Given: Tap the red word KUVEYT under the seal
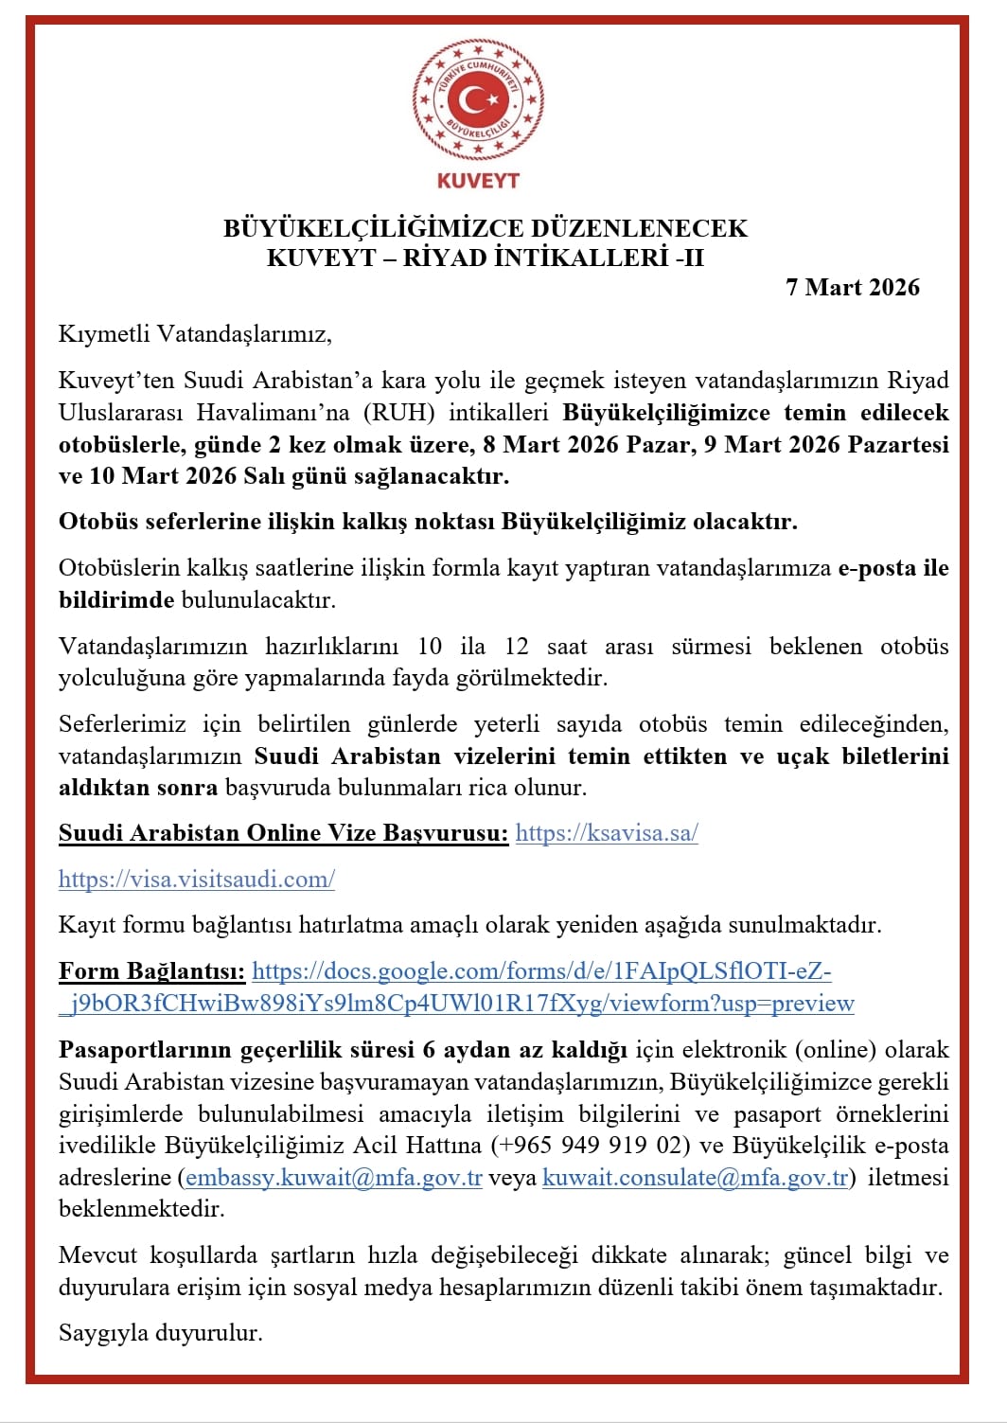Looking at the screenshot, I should (x=478, y=180).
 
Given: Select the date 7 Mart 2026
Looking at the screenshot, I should (x=852, y=288).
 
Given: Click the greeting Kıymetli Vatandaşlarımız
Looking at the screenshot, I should (x=195, y=334).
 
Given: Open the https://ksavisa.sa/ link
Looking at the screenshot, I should (x=607, y=833).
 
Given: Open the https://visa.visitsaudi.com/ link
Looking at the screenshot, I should (x=197, y=880).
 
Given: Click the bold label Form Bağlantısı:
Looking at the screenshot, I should (x=151, y=971).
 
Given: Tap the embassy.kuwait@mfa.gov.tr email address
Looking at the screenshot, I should (x=334, y=1178).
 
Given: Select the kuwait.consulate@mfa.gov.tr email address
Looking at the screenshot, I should (x=695, y=1178).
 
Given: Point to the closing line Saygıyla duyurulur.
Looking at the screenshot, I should (x=160, y=1333).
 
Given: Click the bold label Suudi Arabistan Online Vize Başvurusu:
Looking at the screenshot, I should (x=283, y=833).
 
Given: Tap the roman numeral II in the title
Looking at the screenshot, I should (x=693, y=258).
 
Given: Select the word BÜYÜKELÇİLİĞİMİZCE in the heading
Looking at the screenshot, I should (x=374, y=229).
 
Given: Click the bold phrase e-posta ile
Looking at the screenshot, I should (x=893, y=568).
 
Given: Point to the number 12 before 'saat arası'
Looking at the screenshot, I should (x=517, y=647).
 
